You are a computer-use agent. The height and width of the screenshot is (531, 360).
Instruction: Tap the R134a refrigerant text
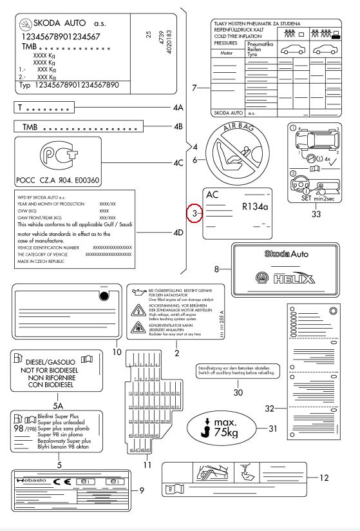coord(254,208)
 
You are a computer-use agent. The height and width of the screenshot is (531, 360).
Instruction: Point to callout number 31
coord(273,427)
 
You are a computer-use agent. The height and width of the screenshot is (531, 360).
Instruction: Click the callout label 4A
coord(179,107)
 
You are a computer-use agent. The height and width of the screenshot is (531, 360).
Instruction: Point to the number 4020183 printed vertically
coord(168,40)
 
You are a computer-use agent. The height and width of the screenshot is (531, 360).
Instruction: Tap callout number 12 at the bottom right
coord(324,478)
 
